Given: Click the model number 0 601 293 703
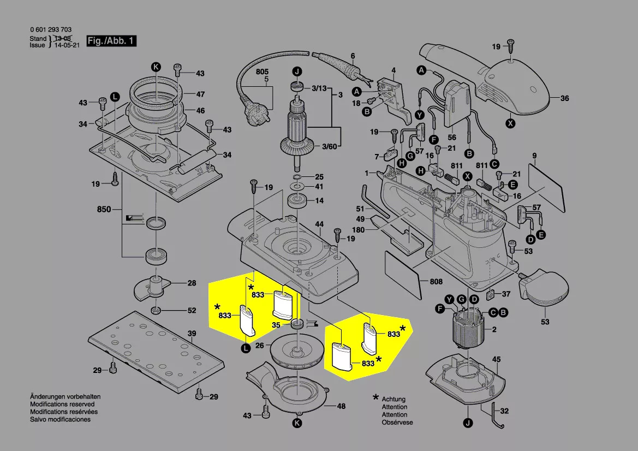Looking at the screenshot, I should click(x=50, y=30).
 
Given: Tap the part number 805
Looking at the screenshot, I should click(x=263, y=72).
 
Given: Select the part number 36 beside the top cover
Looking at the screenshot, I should click(x=564, y=99).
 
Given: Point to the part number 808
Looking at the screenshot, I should click(x=436, y=282).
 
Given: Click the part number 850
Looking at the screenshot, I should click(x=104, y=209).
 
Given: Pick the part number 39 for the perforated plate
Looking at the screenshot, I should click(x=192, y=334).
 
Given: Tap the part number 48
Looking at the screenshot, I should click(x=341, y=406).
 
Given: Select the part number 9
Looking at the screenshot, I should click(x=535, y=155).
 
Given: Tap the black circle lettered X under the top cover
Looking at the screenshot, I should click(x=510, y=123).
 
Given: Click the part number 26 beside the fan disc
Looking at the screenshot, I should click(x=260, y=346).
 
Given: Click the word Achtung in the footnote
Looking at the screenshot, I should click(x=393, y=399).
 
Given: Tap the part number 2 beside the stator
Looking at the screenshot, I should click(x=494, y=330).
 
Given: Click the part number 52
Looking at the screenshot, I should click(x=192, y=311).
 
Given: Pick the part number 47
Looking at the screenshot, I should click(x=200, y=94).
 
